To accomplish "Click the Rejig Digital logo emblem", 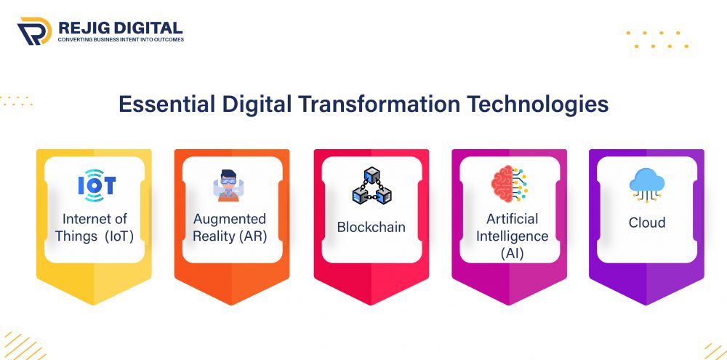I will click(x=33, y=31).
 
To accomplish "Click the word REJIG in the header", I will click(x=82, y=27).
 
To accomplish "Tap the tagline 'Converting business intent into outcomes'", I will click(x=121, y=39).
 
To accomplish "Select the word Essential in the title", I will click(x=165, y=104).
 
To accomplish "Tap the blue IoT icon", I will click(x=96, y=185).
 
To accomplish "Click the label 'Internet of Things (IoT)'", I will click(x=95, y=228).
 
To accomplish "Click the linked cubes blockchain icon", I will click(x=371, y=185).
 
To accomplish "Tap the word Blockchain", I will click(x=371, y=227).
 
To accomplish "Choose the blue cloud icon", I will click(x=647, y=183).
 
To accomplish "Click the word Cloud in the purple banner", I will click(x=647, y=223).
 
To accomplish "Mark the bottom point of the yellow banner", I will click(x=95, y=304).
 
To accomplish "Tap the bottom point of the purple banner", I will click(x=647, y=304).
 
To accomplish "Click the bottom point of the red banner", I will click(x=371, y=304).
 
